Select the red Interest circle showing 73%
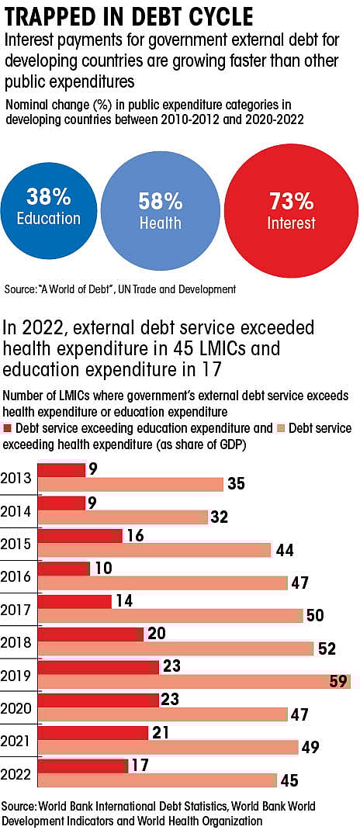point(291,211)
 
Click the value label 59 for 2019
point(339,681)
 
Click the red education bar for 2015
point(80,535)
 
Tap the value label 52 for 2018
point(327,648)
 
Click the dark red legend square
point(8,428)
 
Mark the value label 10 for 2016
point(104,568)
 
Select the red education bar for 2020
point(98,700)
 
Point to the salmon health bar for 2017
point(169,616)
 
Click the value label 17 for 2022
point(140,766)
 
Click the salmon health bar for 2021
point(168,747)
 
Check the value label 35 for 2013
point(236,484)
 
